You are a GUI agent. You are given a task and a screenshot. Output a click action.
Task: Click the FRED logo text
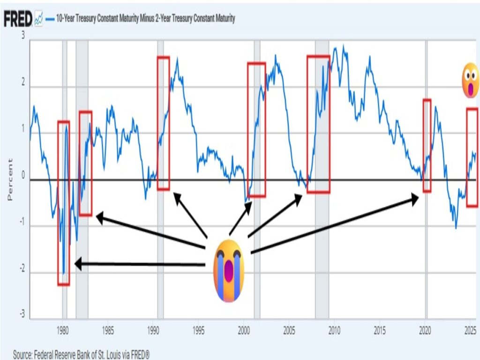[x=18, y=19]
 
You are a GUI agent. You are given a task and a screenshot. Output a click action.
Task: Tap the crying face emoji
[x=229, y=270]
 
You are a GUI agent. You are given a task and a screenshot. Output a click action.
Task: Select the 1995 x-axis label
[x=199, y=329]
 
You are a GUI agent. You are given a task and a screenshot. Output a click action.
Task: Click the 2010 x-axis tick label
[x=334, y=329]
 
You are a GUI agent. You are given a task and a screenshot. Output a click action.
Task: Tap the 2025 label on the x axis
[x=470, y=329]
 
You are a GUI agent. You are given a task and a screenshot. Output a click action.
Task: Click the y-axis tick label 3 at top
[x=23, y=37]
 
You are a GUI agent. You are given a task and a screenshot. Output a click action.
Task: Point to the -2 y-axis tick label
[x=21, y=272]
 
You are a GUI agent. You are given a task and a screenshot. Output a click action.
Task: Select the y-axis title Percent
[x=10, y=180]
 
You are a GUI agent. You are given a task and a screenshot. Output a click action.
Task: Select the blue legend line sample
[x=51, y=19]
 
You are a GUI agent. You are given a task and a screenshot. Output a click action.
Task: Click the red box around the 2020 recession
[x=427, y=145]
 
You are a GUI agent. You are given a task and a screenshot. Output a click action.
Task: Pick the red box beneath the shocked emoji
[x=472, y=157]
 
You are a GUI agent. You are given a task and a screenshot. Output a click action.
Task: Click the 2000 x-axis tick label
[x=244, y=329]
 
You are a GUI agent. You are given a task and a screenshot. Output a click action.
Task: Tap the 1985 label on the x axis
[x=108, y=329]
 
